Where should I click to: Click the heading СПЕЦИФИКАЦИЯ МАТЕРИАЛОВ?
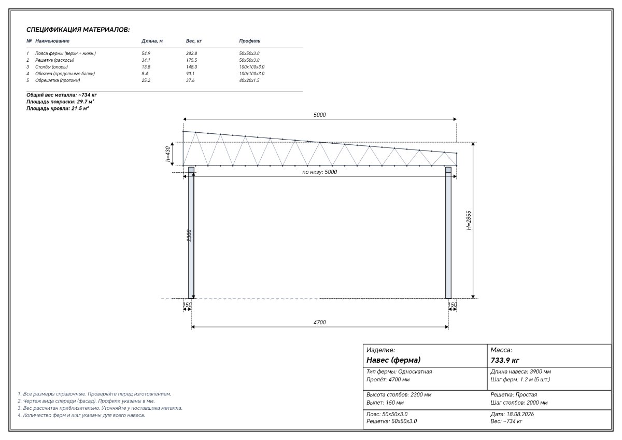point(78,30)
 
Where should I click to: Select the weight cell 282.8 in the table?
point(191,53)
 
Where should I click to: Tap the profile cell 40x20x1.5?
point(249,80)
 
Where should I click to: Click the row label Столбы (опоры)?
point(51,67)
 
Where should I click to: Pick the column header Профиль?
point(250,41)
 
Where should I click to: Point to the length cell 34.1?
point(146,60)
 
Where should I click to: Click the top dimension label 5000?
point(320,115)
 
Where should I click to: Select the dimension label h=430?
point(167,154)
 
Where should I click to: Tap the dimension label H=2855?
point(469,221)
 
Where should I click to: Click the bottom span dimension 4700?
point(320,322)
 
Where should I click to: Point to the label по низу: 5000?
point(320,172)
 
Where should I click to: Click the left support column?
point(191,232)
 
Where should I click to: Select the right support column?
point(448,232)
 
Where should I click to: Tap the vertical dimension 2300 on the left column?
point(189,236)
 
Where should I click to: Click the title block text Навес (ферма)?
point(393,360)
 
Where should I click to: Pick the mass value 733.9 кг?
point(505,361)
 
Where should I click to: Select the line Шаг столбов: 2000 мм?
point(519,403)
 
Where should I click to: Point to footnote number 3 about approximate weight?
point(100,408)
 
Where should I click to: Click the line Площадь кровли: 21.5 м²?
point(58,108)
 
